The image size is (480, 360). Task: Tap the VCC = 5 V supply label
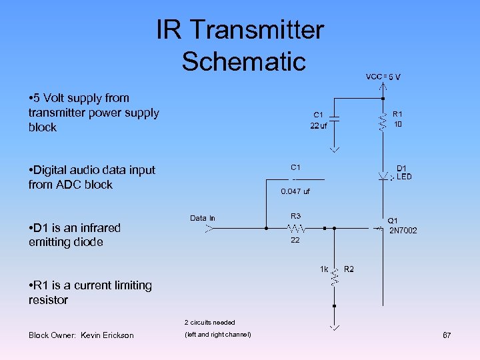pos(383,77)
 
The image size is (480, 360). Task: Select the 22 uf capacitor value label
pos(319,126)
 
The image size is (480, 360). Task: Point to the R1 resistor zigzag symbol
pos(383,121)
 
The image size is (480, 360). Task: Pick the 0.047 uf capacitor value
pos(295,192)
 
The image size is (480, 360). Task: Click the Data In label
pos(203,218)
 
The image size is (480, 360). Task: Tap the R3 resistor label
pos(295,216)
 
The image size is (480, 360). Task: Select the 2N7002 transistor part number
pos(403,231)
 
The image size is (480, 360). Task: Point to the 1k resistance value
pos(324,269)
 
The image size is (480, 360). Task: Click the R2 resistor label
pos(349,269)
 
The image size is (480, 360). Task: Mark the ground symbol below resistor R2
pos(334,327)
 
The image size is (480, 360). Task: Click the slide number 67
pos(447,335)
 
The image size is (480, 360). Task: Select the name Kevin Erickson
pos(107,335)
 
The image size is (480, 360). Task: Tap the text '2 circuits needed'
pos(209,323)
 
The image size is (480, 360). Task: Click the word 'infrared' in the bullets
pos(97,228)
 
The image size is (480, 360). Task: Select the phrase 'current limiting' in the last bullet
pos(113,285)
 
